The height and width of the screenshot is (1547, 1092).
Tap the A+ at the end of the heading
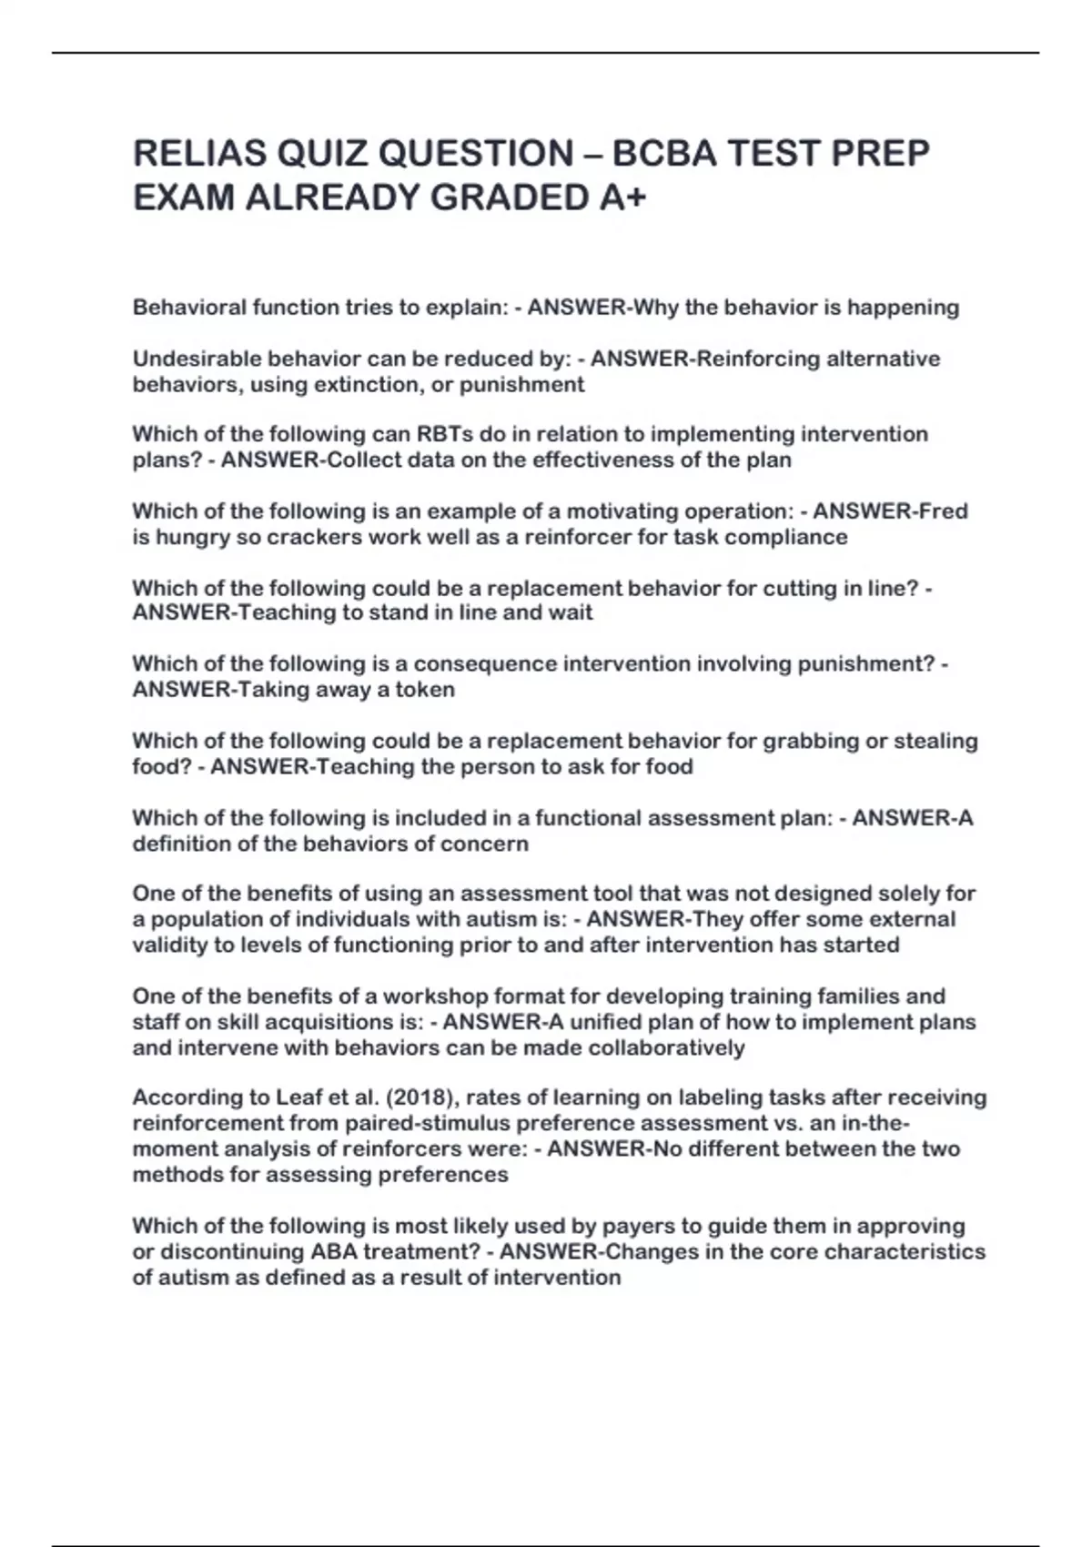[x=622, y=197]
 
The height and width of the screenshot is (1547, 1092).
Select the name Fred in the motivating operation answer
[x=943, y=511]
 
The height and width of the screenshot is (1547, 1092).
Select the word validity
[x=170, y=945]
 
